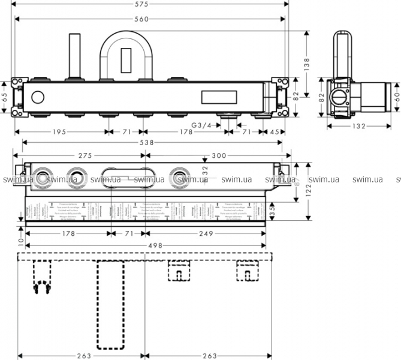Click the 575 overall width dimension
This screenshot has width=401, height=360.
[149, 5]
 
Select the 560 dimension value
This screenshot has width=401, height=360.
[141, 19]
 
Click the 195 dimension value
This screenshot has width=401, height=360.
[58, 132]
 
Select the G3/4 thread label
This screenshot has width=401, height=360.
[201, 125]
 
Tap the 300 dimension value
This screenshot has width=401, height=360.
[219, 155]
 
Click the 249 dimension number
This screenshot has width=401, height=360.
[204, 233]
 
